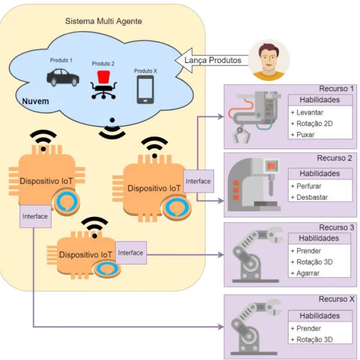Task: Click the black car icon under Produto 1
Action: point(63,77)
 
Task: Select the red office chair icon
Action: point(103,85)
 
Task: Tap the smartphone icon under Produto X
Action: point(145,90)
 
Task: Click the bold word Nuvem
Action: point(35,101)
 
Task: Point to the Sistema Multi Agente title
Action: point(103,21)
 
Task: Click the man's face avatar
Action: point(269,60)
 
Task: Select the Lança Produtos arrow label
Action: point(213,60)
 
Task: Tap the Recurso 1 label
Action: point(336,89)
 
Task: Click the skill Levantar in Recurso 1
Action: point(307,112)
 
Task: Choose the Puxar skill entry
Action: point(303,135)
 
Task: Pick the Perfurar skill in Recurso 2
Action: point(306,186)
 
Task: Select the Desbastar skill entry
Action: point(309,197)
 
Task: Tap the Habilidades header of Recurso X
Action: point(320,316)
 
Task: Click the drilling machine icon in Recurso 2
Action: point(254,185)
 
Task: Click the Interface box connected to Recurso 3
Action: point(131,253)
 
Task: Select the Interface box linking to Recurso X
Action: point(35,216)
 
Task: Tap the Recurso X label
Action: point(336,299)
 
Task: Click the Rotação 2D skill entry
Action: point(312,124)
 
